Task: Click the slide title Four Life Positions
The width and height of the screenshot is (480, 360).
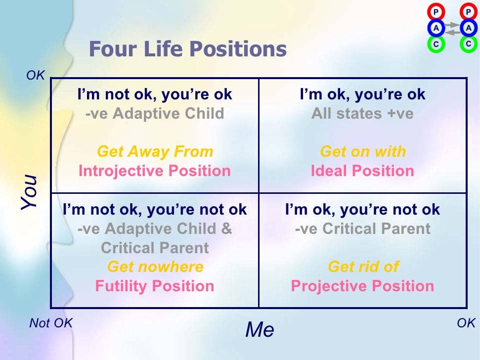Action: click(x=187, y=49)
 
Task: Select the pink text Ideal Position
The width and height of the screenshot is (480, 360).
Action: click(x=362, y=171)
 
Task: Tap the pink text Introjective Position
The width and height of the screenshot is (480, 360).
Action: click(x=155, y=171)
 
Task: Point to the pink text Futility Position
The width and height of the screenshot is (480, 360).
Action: click(x=155, y=286)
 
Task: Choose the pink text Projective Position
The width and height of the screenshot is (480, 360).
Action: click(x=362, y=286)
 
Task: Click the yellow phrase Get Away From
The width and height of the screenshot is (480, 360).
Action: click(x=155, y=151)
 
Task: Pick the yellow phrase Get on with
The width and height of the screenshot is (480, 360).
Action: click(x=362, y=151)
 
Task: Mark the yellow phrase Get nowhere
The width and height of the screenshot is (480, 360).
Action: click(x=155, y=267)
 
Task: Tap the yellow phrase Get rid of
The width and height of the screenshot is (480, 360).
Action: click(x=362, y=267)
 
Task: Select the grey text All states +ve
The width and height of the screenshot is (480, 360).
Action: click(x=362, y=114)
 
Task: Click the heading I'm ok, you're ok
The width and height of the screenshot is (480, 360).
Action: click(x=362, y=94)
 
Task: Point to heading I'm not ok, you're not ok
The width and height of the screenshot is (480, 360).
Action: click(x=155, y=209)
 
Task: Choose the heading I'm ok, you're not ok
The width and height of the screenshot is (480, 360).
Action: click(x=362, y=209)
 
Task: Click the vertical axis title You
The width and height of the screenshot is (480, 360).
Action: click(x=30, y=192)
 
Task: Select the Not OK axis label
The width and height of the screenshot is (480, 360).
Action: click(x=51, y=323)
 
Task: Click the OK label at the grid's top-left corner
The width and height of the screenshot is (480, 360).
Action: click(x=36, y=76)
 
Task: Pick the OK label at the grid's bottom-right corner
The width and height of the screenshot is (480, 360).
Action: click(x=466, y=323)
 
